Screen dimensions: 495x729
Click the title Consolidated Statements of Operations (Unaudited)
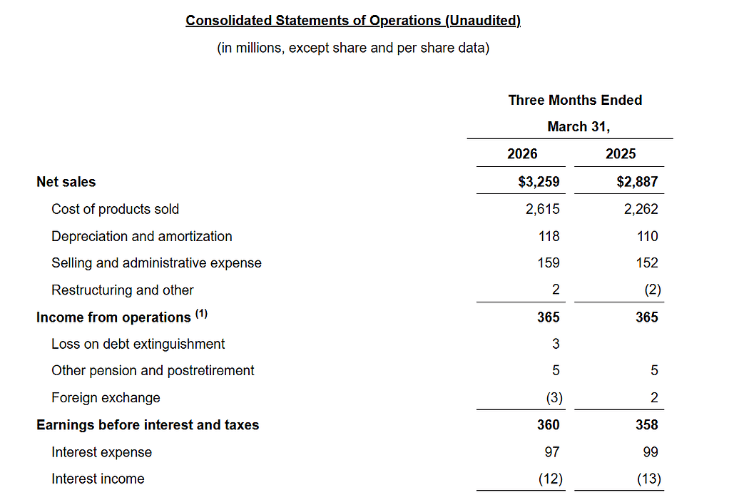click(x=353, y=21)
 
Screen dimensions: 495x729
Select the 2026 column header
click(x=522, y=154)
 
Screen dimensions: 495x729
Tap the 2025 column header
click(x=621, y=154)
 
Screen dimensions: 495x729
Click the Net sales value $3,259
click(x=539, y=182)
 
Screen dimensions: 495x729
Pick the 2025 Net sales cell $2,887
click(x=637, y=182)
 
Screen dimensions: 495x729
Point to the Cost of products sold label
click(x=115, y=209)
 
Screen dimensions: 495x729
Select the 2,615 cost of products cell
click(x=543, y=209)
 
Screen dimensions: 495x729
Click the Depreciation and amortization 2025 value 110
click(x=647, y=236)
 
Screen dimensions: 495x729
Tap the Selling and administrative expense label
click(x=156, y=263)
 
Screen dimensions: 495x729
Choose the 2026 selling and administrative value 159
click(x=549, y=263)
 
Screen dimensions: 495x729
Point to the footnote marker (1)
click(x=200, y=315)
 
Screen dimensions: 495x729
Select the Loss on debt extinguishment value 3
click(x=556, y=344)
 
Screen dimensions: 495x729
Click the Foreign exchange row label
click(x=106, y=398)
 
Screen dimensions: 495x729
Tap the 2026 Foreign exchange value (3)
click(x=553, y=398)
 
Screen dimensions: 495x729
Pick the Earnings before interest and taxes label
click(x=148, y=425)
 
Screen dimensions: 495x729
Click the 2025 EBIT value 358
click(x=647, y=425)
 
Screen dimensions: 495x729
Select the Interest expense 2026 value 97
click(x=551, y=452)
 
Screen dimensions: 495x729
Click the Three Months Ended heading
click(x=575, y=101)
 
